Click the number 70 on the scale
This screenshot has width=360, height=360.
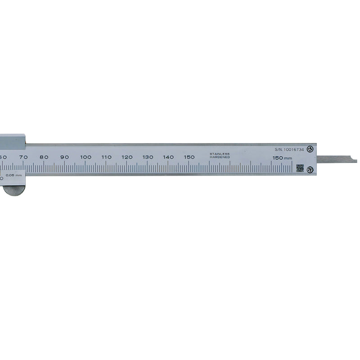tap(23, 157)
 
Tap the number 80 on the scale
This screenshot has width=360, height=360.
tap(44, 157)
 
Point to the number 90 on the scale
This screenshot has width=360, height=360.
tap(65, 157)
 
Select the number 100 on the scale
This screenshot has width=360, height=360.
tap(85, 157)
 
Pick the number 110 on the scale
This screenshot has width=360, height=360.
tap(106, 157)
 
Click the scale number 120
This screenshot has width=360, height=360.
tap(127, 157)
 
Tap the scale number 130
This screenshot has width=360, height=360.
tap(148, 157)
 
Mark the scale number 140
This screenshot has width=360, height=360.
tap(168, 157)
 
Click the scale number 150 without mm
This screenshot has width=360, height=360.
tap(189, 157)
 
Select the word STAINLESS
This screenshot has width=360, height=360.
tap(220, 154)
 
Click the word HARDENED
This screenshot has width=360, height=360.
tap(220, 157)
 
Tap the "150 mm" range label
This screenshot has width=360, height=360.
tap(282, 158)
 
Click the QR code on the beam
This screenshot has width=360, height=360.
tap(300, 168)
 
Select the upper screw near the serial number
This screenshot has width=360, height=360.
tap(310, 149)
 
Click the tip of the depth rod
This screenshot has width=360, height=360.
tap(355, 160)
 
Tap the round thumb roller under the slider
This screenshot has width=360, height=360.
tap(14, 191)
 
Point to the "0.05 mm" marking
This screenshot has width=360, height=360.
tap(13, 175)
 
